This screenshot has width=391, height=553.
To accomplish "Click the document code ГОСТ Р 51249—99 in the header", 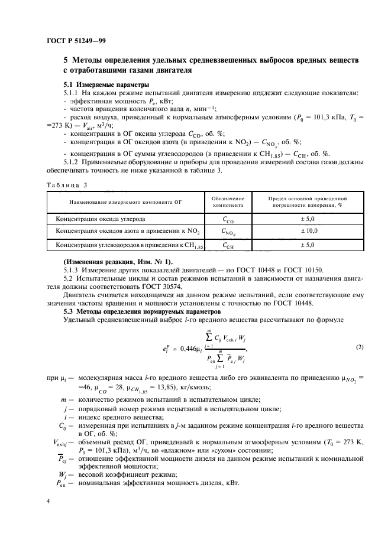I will (76, 40).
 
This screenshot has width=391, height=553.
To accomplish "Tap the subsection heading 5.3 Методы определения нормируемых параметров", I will (142, 311).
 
